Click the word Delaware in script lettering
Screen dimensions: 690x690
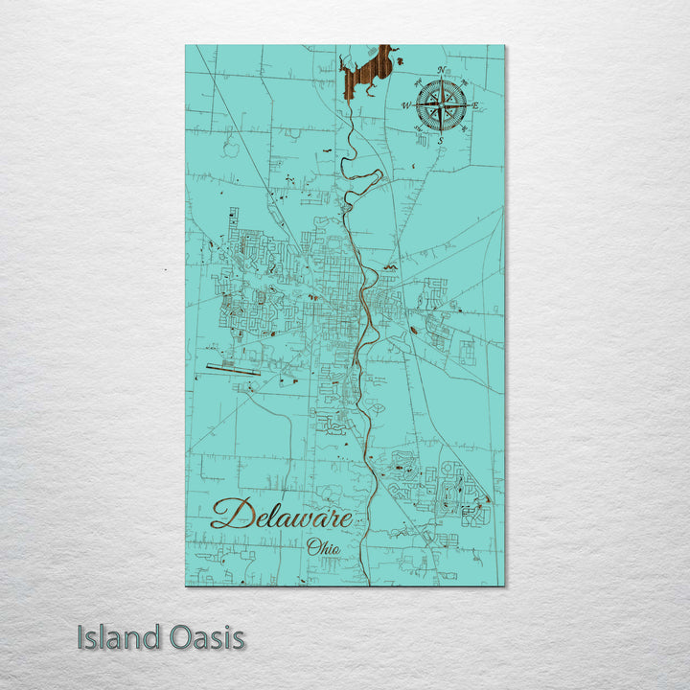(281, 516)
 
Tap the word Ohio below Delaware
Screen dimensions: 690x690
(324, 547)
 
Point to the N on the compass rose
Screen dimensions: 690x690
(441, 70)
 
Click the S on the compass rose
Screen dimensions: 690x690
(441, 141)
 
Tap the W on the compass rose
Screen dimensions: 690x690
(406, 105)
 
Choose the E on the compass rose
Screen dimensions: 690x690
(475, 105)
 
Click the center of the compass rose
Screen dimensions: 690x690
(441, 105)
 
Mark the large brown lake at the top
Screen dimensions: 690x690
(368, 72)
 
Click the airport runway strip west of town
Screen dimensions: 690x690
(231, 367)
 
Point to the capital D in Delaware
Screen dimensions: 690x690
(226, 515)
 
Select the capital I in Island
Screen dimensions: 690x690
(81, 637)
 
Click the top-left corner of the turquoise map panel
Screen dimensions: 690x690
(186, 46)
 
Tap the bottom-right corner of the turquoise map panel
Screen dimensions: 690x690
(504, 585)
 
